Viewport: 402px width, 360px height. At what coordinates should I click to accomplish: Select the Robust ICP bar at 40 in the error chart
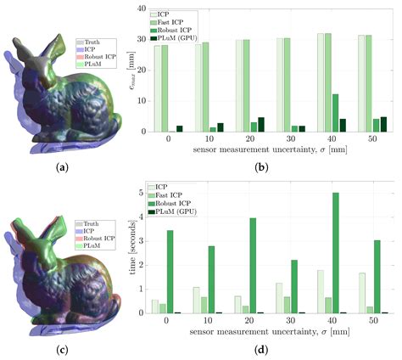point(335,113)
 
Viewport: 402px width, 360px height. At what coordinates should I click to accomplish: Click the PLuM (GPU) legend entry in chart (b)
point(181,38)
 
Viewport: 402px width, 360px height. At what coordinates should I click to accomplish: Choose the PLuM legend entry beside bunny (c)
point(90,245)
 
